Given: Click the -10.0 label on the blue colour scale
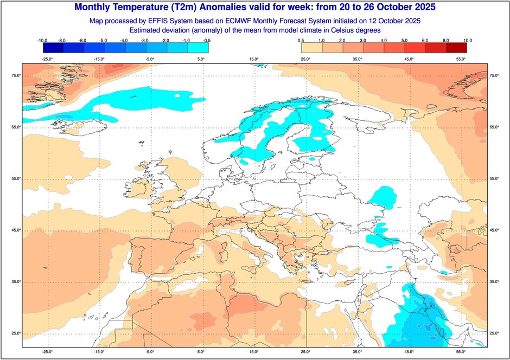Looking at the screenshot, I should [43, 41].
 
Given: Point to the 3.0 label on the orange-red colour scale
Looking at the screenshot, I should [363, 41].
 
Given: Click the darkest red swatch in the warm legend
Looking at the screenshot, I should [456, 48].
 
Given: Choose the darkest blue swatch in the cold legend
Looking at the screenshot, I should [53, 48].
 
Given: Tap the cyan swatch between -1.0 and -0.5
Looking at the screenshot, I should [197, 48].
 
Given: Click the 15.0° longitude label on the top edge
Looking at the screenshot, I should [253, 59].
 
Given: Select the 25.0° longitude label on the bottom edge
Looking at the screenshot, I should [305, 352].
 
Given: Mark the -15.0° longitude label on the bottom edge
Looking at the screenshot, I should [98, 352].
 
